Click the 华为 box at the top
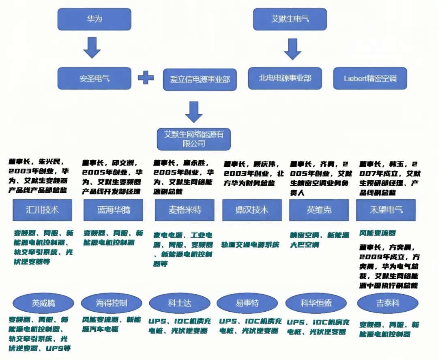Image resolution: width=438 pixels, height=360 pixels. click(x=94, y=19)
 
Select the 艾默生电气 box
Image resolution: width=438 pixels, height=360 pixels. click(x=290, y=19)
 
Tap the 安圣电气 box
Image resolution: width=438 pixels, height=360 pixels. click(x=94, y=78)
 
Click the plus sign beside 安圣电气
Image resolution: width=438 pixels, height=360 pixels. click(x=146, y=78)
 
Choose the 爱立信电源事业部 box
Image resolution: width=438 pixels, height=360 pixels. click(x=200, y=80)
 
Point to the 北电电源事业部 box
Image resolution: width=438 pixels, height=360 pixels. click(x=285, y=78)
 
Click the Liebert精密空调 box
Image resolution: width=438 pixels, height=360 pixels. click(x=370, y=78)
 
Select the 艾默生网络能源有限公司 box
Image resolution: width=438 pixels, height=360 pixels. click(x=194, y=139)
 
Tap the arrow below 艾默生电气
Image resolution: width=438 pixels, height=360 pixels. click(x=292, y=49)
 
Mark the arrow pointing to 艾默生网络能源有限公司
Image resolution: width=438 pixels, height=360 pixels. click(x=194, y=112)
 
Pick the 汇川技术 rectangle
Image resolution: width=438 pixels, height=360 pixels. click(x=42, y=210)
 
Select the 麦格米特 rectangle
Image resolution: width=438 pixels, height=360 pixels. click(x=185, y=210)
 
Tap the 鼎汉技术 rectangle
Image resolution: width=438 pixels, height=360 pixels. click(x=252, y=210)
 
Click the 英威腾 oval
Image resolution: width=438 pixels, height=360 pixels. click(x=43, y=303)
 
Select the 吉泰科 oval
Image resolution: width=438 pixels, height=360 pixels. click(x=387, y=303)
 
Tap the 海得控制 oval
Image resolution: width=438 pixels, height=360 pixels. click(x=112, y=303)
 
